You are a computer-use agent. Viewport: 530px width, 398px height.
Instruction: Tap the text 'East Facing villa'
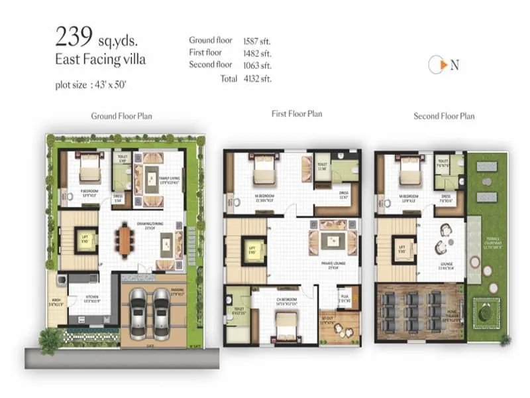(x=100, y=60)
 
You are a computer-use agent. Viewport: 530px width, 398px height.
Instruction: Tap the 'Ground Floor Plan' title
(x=121, y=116)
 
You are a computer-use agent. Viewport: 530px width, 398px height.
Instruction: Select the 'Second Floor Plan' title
(x=444, y=116)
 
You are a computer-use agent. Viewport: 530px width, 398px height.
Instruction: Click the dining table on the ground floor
(x=125, y=241)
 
